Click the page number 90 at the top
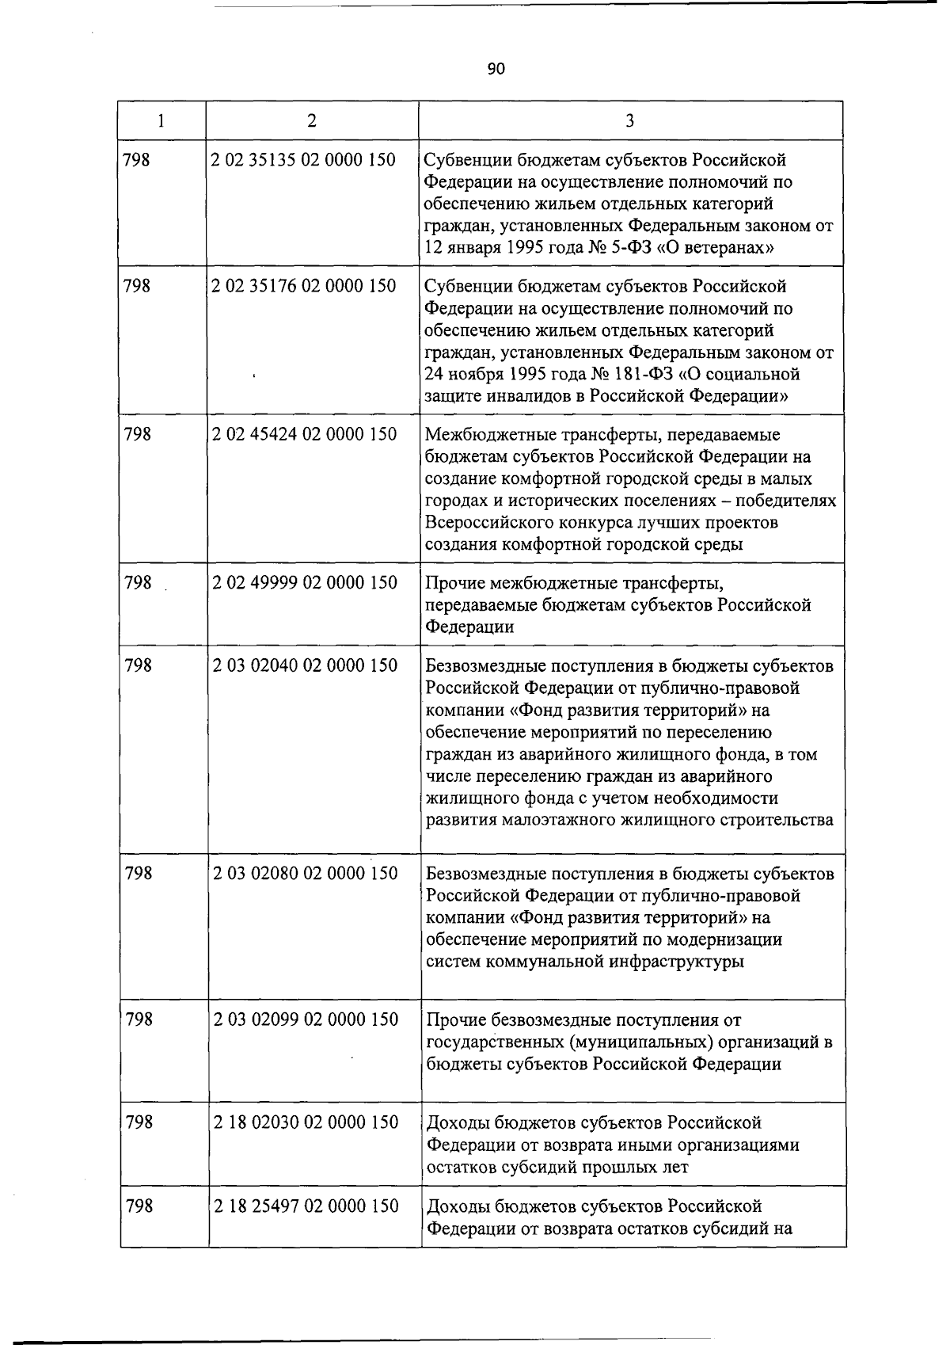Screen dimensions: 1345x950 point(496,69)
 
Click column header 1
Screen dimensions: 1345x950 point(161,120)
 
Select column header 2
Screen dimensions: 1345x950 point(312,120)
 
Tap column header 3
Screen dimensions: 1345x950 point(629,120)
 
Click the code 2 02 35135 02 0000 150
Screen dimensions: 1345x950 point(304,160)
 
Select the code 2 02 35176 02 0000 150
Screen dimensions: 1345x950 point(304,286)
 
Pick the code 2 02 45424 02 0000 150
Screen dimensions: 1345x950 point(305,434)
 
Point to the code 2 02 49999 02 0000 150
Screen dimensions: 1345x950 point(305,583)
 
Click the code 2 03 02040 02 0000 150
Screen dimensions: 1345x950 point(306,666)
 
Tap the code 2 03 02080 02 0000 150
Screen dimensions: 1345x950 point(306,874)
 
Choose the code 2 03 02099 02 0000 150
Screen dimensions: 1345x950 point(306,1019)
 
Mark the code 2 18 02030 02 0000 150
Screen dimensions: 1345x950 point(306,1122)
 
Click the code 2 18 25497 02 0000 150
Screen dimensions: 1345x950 point(306,1206)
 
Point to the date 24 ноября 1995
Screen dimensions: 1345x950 point(481,374)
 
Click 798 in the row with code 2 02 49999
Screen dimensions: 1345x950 point(139,583)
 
